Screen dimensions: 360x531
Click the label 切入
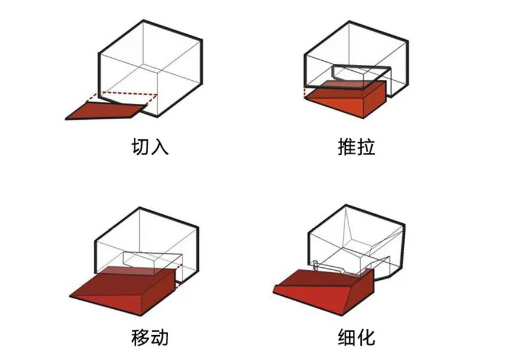pos(150,146)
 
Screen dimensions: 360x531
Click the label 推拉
pos(356,146)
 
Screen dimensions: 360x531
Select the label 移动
pos(150,338)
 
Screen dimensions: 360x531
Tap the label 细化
pos(356,338)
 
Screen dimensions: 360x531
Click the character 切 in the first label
pos(140,146)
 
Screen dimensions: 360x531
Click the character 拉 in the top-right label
pos(366,146)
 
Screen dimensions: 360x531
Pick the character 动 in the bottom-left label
pos(159,338)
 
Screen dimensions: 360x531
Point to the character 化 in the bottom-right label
pos(366,338)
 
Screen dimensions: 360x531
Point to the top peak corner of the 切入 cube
pos(144,21)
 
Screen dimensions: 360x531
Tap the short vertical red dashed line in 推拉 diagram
pos(305,91)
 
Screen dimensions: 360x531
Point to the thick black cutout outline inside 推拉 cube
pos(360,70)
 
